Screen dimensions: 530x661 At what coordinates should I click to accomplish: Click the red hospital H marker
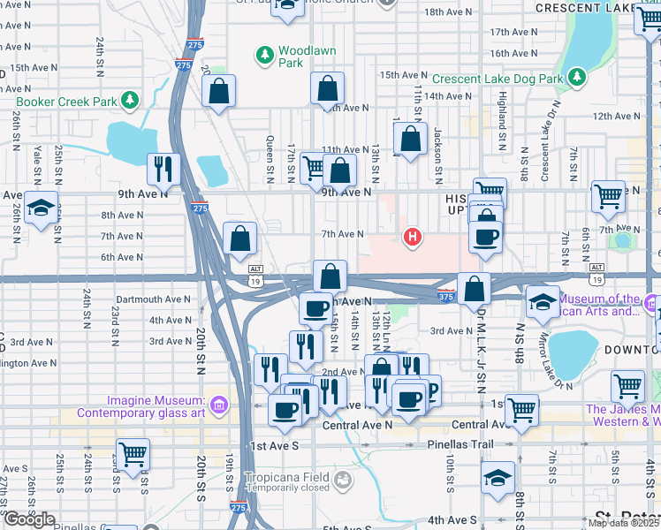tap(411, 237)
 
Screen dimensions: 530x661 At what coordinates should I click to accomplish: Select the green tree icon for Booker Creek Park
tap(131, 101)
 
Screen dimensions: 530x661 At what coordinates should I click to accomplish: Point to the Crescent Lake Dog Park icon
tap(576, 79)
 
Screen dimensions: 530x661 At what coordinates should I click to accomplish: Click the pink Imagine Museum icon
tap(219, 405)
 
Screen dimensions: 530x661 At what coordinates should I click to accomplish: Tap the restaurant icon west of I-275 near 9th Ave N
tap(163, 167)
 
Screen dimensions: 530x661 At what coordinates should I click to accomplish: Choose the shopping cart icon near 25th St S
tap(133, 455)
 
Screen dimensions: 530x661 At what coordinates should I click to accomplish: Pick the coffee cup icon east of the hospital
tap(486, 237)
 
